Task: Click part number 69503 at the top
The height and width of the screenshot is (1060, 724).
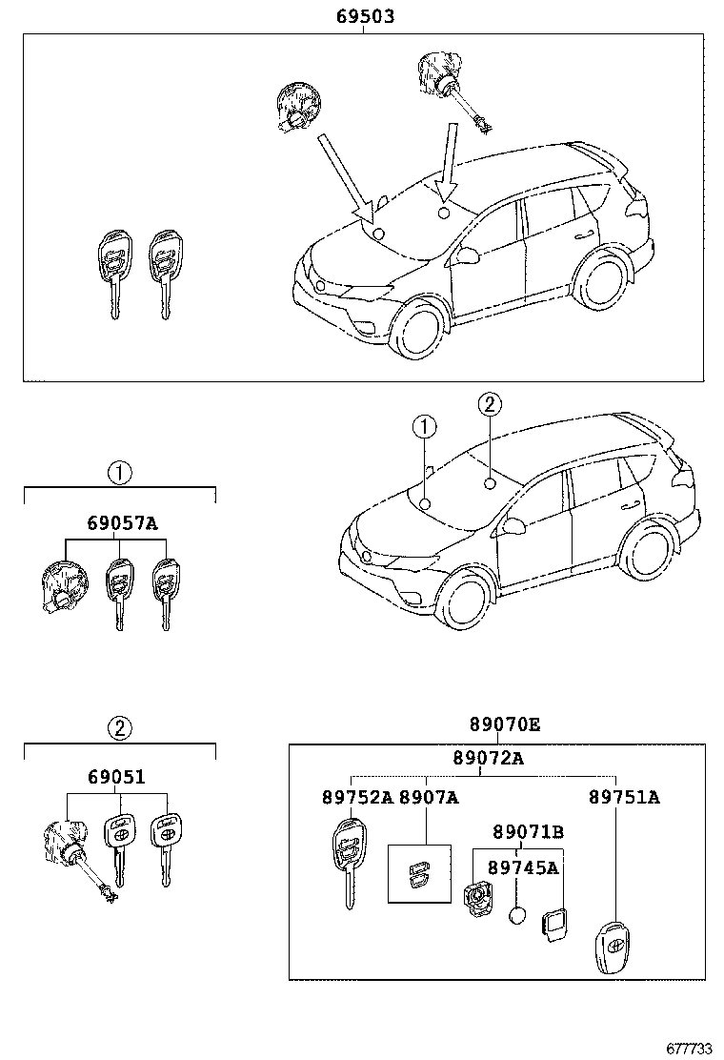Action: point(366,17)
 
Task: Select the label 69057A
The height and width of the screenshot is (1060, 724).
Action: point(122,523)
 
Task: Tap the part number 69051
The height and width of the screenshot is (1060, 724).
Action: point(116,777)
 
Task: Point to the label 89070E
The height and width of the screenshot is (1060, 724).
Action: point(504,725)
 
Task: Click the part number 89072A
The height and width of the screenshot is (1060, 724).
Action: point(488,758)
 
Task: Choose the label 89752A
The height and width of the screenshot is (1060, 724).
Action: point(356,797)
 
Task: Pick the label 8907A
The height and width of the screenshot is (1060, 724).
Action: point(428,797)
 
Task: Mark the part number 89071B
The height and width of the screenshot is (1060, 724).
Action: point(528,832)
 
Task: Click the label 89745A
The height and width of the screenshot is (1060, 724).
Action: point(523,867)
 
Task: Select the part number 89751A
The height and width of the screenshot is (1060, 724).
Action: point(624,797)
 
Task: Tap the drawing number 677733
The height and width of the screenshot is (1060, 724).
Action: point(689,1047)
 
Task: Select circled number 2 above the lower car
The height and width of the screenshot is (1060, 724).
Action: point(488,405)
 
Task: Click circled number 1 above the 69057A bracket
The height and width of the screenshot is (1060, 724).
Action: point(119,471)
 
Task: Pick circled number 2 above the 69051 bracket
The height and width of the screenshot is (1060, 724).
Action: point(119,729)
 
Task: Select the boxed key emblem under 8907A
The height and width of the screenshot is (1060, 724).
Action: point(420,872)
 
